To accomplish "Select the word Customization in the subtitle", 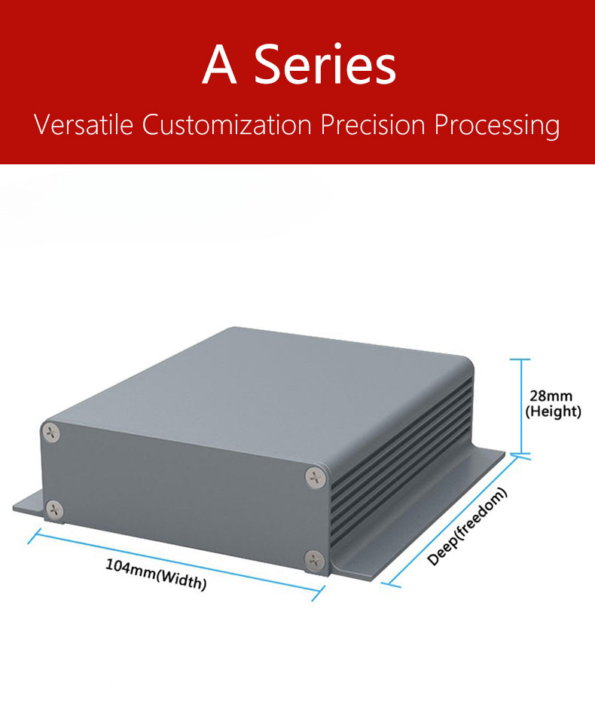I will [226, 124].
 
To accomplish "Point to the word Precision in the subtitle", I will [372, 124].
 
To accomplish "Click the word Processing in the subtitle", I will [497, 125].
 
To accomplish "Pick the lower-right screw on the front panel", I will [314, 558].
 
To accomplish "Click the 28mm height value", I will [551, 396].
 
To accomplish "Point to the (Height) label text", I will [553, 412].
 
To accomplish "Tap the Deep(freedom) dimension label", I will [467, 526].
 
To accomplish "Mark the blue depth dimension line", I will [452, 520].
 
